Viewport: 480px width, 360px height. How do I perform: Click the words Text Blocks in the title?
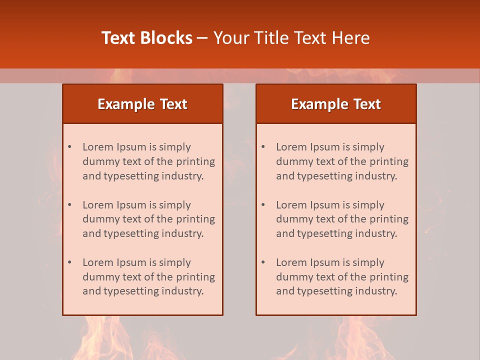click(147, 38)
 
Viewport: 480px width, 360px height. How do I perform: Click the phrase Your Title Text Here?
click(291, 38)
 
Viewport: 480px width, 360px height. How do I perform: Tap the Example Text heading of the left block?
click(142, 104)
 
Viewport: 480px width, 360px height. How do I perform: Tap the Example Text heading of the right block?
click(336, 104)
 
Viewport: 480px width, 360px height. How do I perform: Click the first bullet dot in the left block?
click(69, 147)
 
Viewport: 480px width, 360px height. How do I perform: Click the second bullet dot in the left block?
click(69, 205)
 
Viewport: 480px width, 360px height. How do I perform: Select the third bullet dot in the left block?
click(69, 262)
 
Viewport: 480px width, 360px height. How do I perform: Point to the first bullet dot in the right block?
click(263, 147)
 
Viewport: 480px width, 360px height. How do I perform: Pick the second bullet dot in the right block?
click(263, 205)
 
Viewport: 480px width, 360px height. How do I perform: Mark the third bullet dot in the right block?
click(263, 262)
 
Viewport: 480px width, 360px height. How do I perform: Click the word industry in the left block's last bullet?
click(183, 291)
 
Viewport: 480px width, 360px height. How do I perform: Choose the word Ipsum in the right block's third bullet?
click(325, 262)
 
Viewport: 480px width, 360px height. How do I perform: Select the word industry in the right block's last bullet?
click(376, 291)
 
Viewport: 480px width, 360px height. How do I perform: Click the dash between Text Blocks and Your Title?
click(202, 38)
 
